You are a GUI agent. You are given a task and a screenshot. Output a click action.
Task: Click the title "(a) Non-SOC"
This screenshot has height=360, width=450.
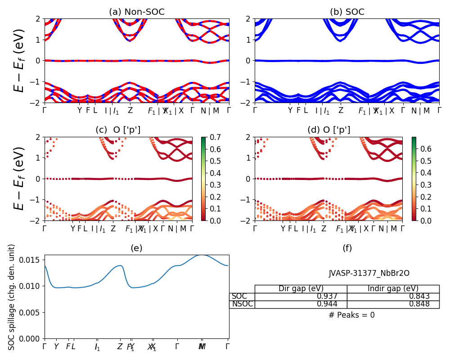137,12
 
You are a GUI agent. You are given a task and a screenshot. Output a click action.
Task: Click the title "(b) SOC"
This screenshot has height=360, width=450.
347,12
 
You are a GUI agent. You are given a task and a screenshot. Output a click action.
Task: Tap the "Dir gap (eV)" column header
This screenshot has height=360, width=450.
301,289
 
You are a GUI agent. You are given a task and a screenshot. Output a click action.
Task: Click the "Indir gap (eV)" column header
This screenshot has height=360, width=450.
393,289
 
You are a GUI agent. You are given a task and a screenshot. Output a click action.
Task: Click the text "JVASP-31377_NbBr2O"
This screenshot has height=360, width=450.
369,273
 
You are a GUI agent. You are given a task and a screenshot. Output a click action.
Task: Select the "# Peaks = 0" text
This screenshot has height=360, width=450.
351,315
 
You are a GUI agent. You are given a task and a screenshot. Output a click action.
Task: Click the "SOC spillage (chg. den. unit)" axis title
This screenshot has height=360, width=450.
12,297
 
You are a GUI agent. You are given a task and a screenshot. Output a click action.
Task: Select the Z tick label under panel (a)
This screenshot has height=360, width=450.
130,110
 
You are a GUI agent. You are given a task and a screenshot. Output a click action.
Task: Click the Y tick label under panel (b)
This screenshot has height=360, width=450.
290,110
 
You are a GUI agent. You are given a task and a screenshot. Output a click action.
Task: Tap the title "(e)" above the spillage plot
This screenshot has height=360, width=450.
136,248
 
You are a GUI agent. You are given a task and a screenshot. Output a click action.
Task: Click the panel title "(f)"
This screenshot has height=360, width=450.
347,248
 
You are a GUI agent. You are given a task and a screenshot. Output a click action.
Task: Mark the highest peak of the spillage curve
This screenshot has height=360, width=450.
202,255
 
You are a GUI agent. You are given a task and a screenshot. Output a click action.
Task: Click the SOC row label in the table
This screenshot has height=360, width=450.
239,297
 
